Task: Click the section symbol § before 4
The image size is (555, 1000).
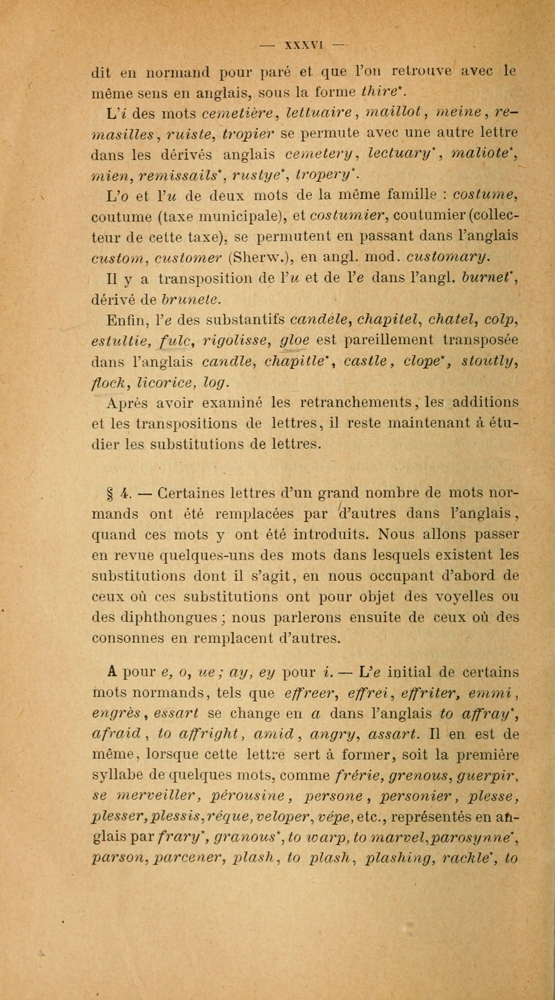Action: [109, 494]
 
